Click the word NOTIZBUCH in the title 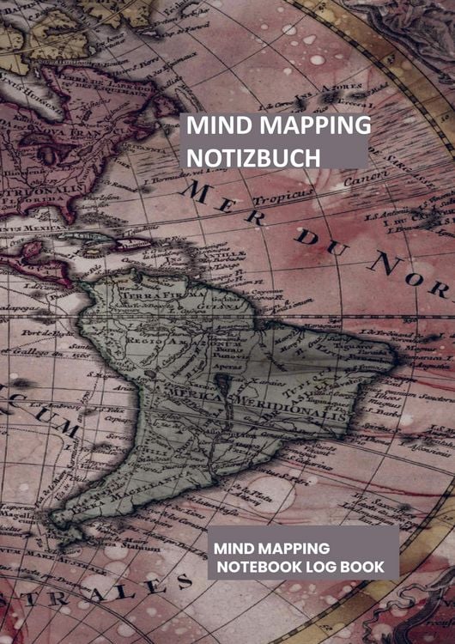tap(253, 157)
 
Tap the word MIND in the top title tap(215, 125)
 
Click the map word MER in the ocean tap(221, 204)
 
